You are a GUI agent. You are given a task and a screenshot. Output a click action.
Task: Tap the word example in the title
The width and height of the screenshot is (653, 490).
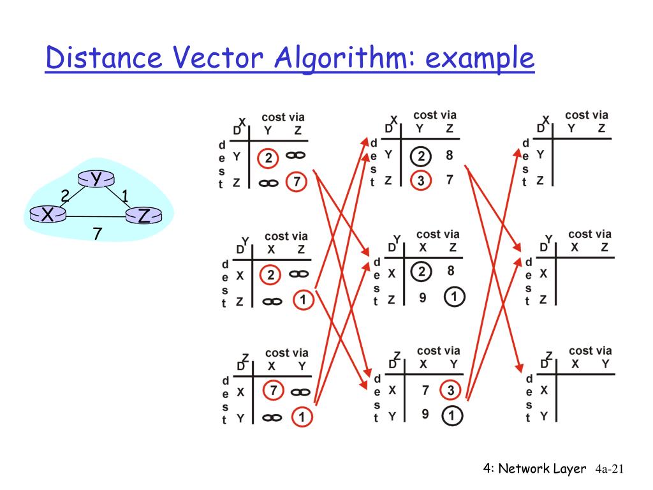(x=479, y=59)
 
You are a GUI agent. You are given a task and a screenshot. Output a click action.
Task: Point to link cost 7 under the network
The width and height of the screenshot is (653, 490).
(x=97, y=234)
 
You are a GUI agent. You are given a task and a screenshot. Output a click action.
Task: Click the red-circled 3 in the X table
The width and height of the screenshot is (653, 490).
(x=420, y=181)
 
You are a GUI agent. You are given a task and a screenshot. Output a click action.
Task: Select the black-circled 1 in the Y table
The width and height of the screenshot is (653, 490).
(x=453, y=297)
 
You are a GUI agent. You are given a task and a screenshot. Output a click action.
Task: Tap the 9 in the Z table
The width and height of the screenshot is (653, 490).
(x=425, y=414)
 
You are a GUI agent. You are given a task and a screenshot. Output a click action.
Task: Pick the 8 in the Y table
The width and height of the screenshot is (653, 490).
(x=450, y=271)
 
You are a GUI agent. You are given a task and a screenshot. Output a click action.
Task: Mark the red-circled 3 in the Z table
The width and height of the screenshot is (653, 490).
(x=451, y=389)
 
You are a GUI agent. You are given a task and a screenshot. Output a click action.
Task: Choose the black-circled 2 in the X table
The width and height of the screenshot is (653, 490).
(x=420, y=156)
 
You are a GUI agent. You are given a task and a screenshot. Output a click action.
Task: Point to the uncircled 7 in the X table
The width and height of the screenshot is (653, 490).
(x=450, y=180)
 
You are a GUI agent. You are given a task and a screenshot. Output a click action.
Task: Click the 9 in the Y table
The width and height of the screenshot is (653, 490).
(x=422, y=297)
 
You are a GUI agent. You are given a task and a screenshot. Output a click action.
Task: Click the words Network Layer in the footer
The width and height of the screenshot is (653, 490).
(x=542, y=469)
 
